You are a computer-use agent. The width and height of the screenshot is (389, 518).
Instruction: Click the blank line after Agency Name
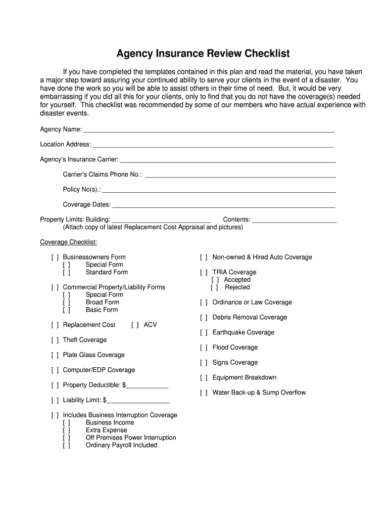(x=209, y=131)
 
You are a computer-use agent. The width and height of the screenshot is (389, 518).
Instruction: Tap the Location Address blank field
(x=213, y=146)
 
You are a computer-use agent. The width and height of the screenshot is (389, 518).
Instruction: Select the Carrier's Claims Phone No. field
(x=240, y=176)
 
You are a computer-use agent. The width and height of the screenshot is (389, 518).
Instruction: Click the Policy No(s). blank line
(x=219, y=191)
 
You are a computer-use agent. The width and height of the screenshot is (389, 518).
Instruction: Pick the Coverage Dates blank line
(x=223, y=206)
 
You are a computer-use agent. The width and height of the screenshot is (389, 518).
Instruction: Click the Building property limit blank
(x=161, y=221)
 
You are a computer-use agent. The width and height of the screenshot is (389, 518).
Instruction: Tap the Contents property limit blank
(x=294, y=221)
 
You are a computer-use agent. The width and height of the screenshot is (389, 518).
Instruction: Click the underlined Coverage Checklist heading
(x=69, y=242)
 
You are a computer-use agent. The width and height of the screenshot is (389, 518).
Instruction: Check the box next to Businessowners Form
(x=55, y=257)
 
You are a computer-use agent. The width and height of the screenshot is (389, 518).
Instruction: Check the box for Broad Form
(x=66, y=303)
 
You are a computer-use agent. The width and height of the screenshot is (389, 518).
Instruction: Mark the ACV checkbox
(x=135, y=325)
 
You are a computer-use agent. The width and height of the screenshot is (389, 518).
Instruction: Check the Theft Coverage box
(x=55, y=340)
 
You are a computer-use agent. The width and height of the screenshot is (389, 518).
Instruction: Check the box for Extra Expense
(x=66, y=430)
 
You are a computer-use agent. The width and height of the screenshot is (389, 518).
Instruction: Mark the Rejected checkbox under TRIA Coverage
(x=215, y=287)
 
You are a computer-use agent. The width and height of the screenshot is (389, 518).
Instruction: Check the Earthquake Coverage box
(x=204, y=333)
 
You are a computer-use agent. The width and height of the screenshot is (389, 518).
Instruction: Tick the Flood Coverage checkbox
(x=204, y=348)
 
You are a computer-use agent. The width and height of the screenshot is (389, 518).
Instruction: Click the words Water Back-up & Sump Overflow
(x=259, y=393)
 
